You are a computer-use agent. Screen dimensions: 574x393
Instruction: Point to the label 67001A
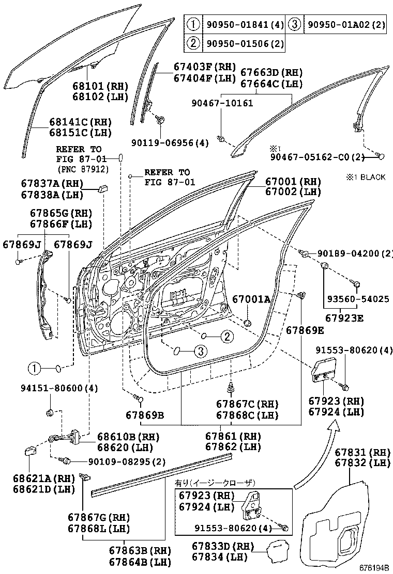[251, 299]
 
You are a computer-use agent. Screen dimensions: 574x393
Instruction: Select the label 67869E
[305, 330]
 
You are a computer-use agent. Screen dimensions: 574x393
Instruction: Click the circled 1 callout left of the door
[34, 368]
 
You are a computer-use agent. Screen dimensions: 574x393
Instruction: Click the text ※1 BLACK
[366, 177]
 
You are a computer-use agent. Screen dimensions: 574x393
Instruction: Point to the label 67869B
[145, 414]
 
